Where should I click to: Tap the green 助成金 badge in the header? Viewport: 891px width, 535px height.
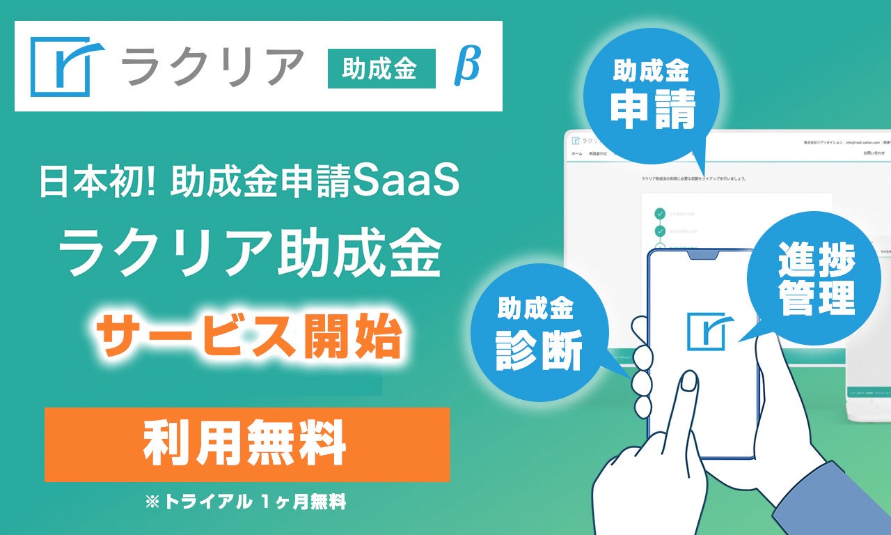click(381, 68)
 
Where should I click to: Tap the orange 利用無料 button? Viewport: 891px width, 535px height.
click(246, 444)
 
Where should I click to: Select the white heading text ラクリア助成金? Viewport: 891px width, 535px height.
click(249, 254)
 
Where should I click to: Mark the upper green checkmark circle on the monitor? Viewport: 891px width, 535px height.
click(660, 214)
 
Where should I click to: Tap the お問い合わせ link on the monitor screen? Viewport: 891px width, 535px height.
click(874, 152)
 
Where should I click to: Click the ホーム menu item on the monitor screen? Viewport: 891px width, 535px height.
click(577, 152)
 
